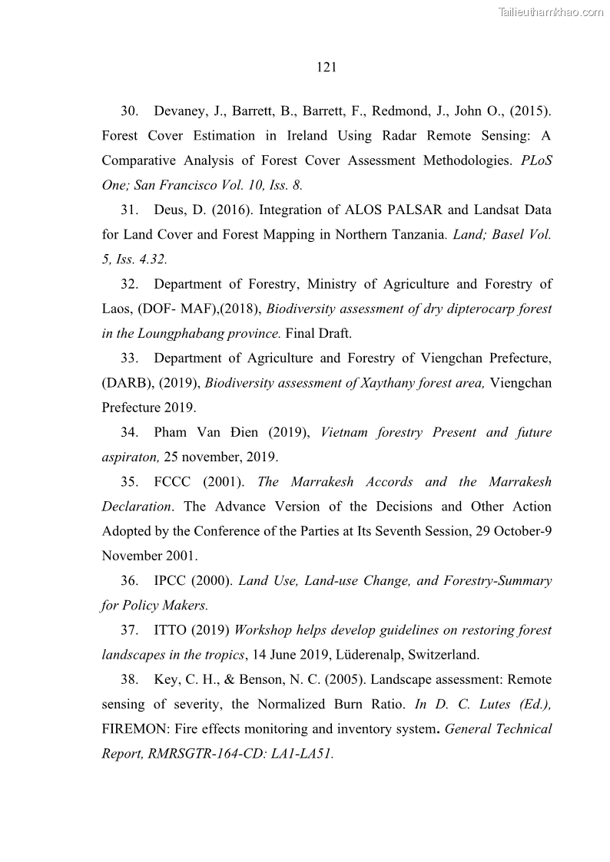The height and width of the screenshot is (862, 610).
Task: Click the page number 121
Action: pyautogui.click(x=327, y=68)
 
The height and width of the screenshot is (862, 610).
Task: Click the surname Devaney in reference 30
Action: pyautogui.click(x=181, y=111)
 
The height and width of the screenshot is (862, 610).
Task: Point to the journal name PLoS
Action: pyautogui.click(x=536, y=160)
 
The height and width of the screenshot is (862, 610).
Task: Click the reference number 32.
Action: pyautogui.click(x=129, y=284)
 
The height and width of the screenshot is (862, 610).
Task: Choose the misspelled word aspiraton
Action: pyautogui.click(x=130, y=457)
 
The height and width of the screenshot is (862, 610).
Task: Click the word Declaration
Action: pyautogui.click(x=136, y=507)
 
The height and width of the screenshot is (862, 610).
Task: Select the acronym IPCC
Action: pyautogui.click(x=173, y=580)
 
